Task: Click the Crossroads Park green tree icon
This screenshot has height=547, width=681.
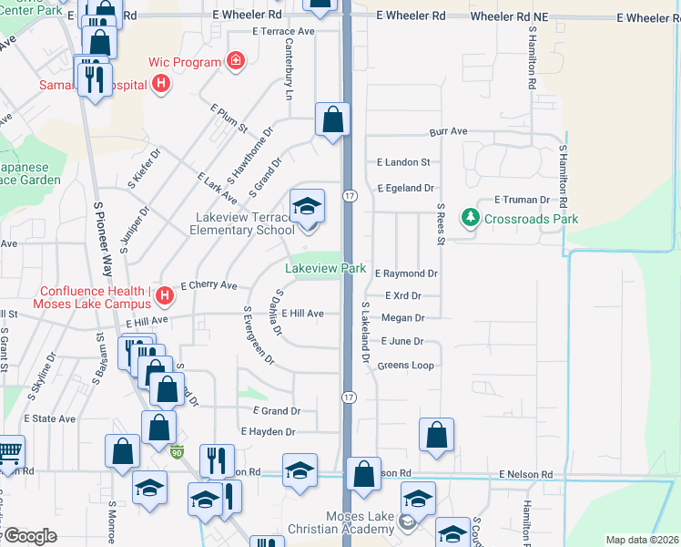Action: [x=470, y=218]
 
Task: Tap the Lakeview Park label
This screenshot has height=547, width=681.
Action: [x=325, y=269]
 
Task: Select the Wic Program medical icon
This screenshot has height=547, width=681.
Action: [x=236, y=62]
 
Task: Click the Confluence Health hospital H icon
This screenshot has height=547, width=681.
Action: [x=164, y=295]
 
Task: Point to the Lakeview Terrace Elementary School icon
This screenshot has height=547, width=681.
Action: [x=307, y=209]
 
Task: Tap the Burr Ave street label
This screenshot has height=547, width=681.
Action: [x=448, y=132]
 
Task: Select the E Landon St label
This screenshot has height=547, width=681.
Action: [x=403, y=162]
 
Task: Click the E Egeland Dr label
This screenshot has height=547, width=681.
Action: [x=406, y=188]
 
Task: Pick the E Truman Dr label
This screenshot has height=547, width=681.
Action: [x=523, y=200]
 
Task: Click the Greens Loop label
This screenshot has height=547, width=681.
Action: [x=405, y=366]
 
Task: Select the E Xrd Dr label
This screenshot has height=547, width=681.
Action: [x=403, y=295]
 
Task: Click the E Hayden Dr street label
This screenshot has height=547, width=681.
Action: [x=269, y=431]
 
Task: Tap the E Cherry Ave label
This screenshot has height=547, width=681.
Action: [x=209, y=285]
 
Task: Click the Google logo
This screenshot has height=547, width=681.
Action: [x=29, y=536]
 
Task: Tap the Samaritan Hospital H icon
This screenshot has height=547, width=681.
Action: [x=161, y=86]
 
